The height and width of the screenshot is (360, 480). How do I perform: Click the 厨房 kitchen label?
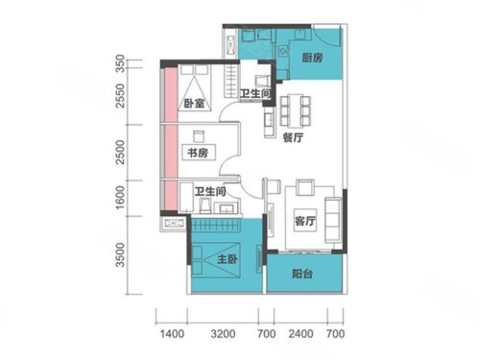coord(312,58)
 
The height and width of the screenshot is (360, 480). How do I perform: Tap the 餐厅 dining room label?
coord(293,137)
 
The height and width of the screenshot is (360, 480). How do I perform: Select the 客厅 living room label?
coord(305,221)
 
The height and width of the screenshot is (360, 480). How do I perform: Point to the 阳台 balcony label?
coord(302,274)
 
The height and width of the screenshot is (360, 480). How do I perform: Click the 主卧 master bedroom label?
coord(228,259)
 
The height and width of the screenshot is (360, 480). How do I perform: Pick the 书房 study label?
coord(198,153)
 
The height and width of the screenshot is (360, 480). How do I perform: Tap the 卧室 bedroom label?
coord(194,104)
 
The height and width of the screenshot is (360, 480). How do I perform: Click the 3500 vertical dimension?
coord(120,255)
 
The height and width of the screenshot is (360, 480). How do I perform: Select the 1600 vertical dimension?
coord(120,198)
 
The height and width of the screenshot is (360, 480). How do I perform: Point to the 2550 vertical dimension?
coord(120,96)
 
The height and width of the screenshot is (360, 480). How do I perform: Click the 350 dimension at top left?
coord(120,63)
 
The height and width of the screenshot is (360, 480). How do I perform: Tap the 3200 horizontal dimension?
coord(223,334)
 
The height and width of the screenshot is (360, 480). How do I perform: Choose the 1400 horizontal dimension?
coord(172,334)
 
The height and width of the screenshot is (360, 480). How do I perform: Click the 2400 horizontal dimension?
coord(300,334)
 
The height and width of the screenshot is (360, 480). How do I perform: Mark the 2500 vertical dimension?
coord(120,153)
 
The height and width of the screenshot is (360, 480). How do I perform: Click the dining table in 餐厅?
coord(296,110)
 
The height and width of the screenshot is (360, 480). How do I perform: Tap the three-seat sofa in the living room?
coord(333,220)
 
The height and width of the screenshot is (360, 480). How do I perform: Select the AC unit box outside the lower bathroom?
coord(173,223)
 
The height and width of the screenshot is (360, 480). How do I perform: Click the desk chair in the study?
coord(199,136)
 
